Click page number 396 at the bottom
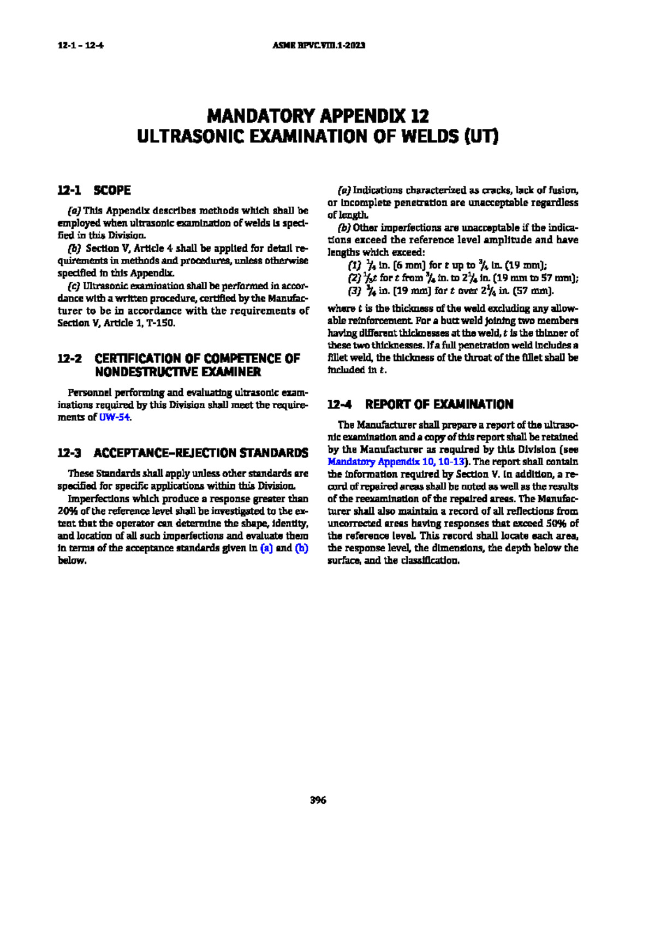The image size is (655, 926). pos(318,800)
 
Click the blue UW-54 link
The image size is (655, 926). pos(115,417)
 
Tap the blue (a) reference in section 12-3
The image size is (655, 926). pos(266,548)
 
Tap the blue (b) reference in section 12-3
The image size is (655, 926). pos(301,548)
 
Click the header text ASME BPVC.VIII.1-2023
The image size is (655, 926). pos(318,45)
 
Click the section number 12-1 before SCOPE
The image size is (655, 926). pos(69,191)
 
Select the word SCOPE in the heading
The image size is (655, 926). pos(112,191)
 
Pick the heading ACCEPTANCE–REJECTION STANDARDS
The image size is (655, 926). pos(201,453)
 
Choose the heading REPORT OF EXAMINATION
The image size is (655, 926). pos(439,405)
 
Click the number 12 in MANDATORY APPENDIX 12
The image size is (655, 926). pos(420,116)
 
